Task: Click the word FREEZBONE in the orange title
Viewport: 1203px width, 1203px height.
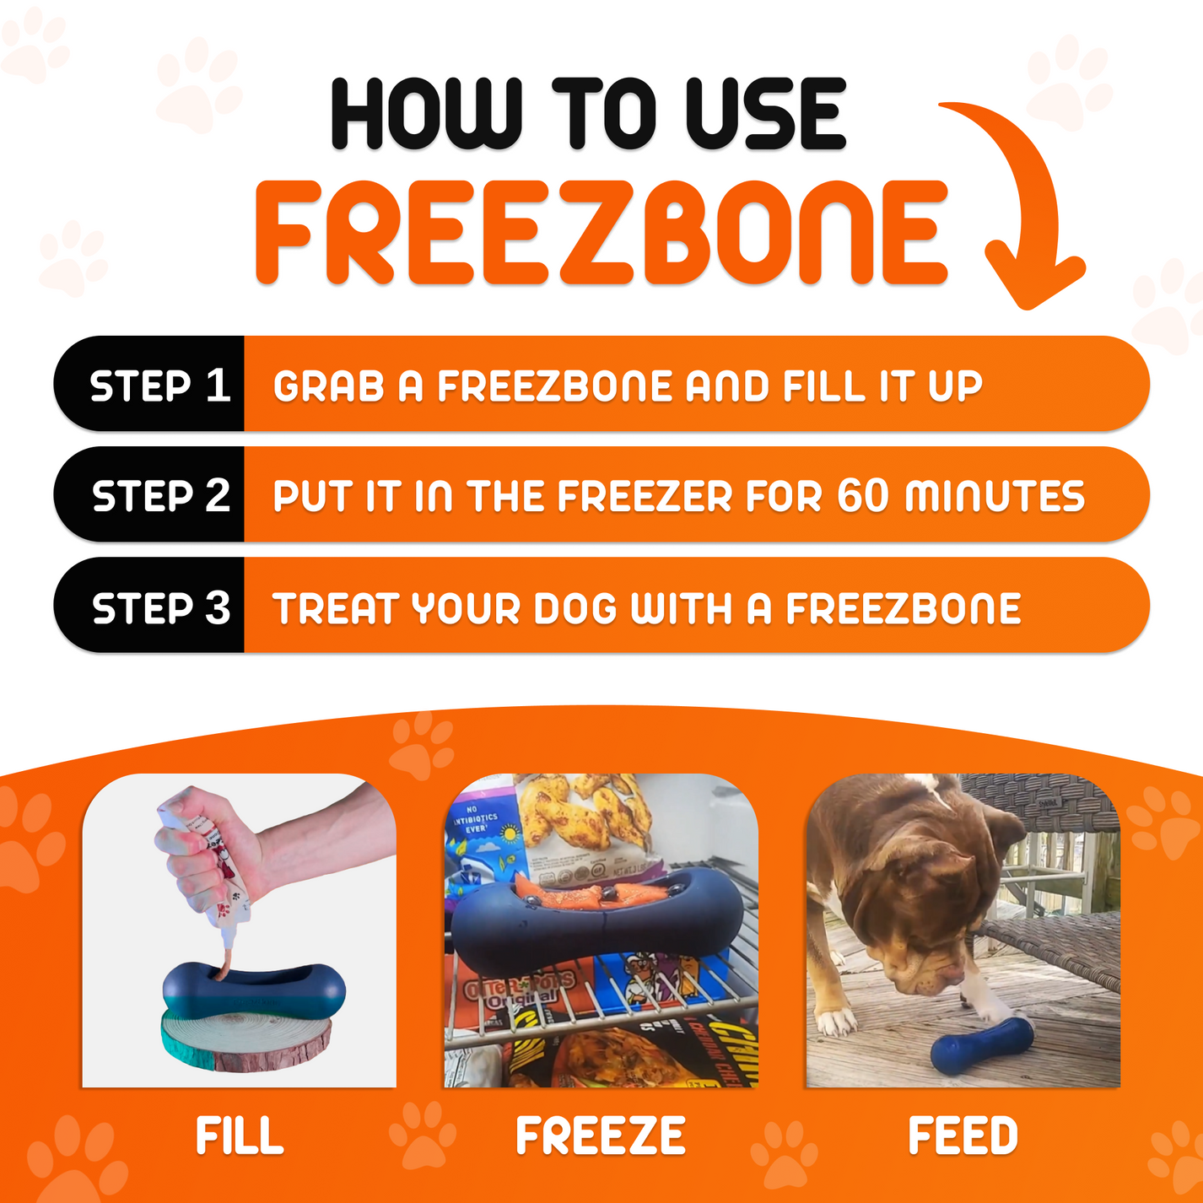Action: point(601,233)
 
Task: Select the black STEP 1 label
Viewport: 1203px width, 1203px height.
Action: point(159,386)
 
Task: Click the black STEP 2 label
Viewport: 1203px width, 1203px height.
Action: point(159,495)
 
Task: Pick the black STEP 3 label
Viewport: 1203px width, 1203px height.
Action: point(159,607)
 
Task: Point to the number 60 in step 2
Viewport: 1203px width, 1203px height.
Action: point(862,495)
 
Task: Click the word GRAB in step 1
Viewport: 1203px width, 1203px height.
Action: point(328,386)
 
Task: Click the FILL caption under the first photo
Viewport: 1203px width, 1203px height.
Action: point(240,1136)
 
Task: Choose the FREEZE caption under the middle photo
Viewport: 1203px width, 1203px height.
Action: point(601,1136)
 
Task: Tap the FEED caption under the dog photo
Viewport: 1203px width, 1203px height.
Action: point(963,1136)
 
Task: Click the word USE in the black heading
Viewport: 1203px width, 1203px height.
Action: point(764,115)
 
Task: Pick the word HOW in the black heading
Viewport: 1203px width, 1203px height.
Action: point(427,115)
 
